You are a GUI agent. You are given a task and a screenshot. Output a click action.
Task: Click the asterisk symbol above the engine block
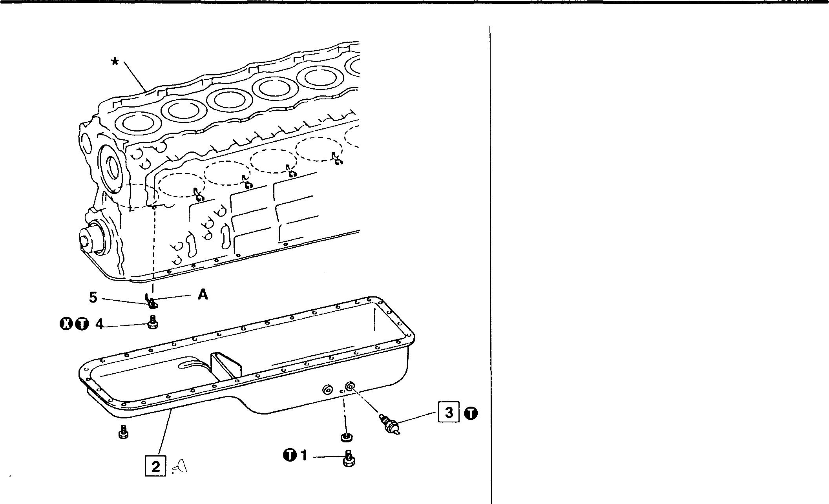(115, 61)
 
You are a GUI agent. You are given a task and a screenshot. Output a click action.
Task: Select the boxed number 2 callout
(156, 466)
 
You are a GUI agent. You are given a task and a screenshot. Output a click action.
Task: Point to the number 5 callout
(93, 297)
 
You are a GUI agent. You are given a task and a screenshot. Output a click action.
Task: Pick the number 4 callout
(100, 324)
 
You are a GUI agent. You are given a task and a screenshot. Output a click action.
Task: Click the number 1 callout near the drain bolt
(303, 455)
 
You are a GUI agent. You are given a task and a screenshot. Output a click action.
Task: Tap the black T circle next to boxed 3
(471, 413)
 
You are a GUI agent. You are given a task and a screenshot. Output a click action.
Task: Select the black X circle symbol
(66, 324)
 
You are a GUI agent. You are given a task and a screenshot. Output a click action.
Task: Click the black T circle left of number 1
(289, 455)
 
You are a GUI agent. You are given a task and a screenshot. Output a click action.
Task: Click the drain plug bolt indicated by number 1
(348, 458)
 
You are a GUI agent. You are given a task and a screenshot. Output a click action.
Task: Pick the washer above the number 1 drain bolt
(346, 436)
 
